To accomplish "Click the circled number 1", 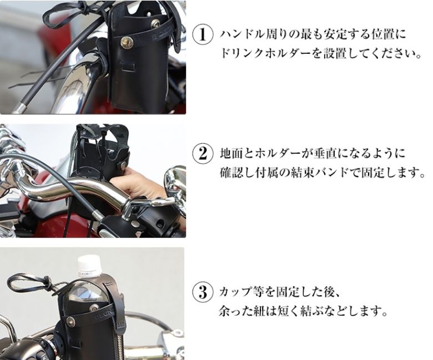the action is [203, 35].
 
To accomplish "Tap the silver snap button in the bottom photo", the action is [74, 321].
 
